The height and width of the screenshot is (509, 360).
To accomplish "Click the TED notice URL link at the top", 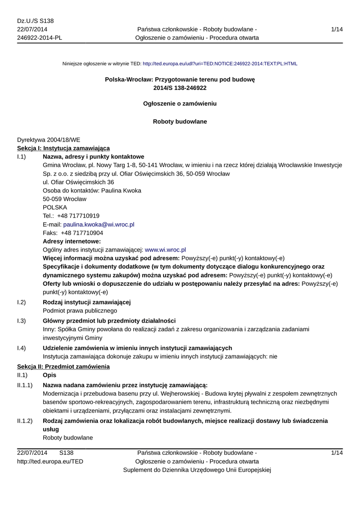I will coord(220,64).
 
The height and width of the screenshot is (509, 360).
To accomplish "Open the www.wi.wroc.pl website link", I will coord(165,250).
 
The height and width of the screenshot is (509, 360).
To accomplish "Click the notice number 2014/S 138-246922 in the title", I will coord(180,88).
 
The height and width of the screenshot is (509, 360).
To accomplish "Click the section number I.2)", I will coord(21,302).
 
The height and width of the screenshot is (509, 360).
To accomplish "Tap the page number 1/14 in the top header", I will coord(337,30).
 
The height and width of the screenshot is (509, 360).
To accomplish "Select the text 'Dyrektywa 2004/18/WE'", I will coord(48,140).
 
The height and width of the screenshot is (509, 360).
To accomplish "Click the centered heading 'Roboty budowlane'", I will coord(180,121).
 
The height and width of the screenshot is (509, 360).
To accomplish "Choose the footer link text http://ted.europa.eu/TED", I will coord(50,461).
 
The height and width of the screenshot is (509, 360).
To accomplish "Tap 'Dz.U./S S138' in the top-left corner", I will coord(35,21).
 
